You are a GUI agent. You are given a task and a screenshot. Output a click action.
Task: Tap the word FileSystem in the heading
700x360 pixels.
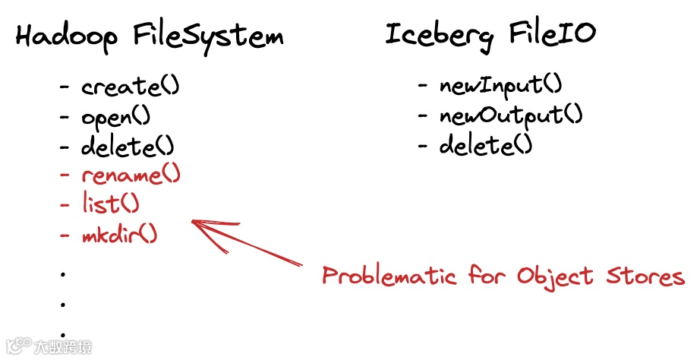[x=208, y=36]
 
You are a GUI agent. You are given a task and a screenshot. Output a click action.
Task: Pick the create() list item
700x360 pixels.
[x=130, y=87]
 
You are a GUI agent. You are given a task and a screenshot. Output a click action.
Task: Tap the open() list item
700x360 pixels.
[x=115, y=118]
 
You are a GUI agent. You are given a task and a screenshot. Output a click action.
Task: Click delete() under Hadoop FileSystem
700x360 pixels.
[x=128, y=145]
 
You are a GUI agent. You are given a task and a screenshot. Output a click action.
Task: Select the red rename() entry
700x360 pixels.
[x=131, y=175]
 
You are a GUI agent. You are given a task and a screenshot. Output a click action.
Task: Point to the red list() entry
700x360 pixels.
[x=110, y=204]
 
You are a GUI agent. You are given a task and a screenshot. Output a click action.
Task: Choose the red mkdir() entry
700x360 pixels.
[x=119, y=234]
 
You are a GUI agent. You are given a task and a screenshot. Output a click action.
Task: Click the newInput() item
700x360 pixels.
[x=500, y=85]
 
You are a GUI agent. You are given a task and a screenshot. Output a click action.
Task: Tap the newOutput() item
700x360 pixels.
[x=510, y=115]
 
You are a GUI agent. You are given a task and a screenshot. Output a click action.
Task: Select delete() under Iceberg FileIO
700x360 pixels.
[x=485, y=144]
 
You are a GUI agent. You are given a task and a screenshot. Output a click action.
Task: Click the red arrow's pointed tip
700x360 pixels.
[x=194, y=222]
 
